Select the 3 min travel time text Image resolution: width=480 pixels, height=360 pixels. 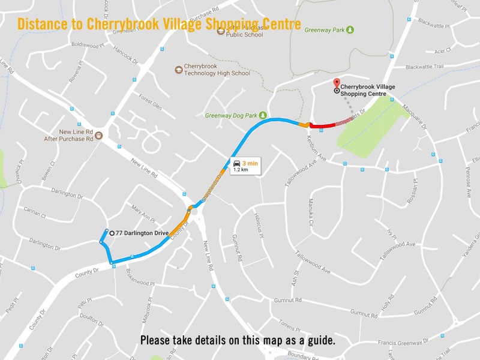tap(250, 163)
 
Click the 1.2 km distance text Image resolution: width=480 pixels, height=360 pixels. tap(241, 170)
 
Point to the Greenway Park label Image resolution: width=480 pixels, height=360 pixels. tap(325, 29)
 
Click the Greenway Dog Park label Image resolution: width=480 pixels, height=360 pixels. tap(230, 115)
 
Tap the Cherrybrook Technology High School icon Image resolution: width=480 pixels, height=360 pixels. tap(178, 70)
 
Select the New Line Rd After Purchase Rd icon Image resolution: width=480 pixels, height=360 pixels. tap(99, 136)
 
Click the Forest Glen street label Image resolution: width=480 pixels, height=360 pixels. tap(151, 101)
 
